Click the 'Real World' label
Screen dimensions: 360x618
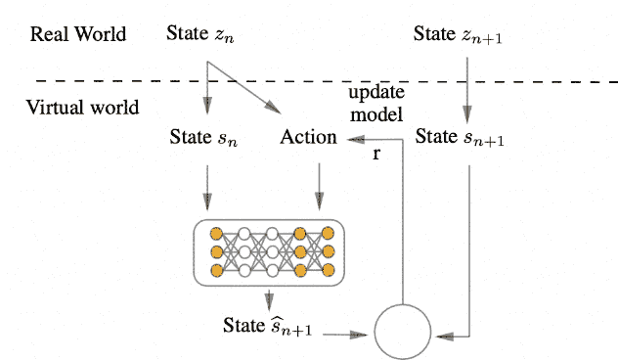coord(78,34)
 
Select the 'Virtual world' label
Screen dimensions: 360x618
coord(83,106)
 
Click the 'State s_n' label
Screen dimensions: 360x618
coord(204,137)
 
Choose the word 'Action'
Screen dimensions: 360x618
coord(308,137)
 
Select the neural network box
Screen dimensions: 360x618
coord(270,252)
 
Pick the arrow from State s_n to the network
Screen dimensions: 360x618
coord(206,186)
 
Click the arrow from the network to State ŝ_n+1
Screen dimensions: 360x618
coord(269,297)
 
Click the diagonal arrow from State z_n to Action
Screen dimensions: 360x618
coord(244,89)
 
